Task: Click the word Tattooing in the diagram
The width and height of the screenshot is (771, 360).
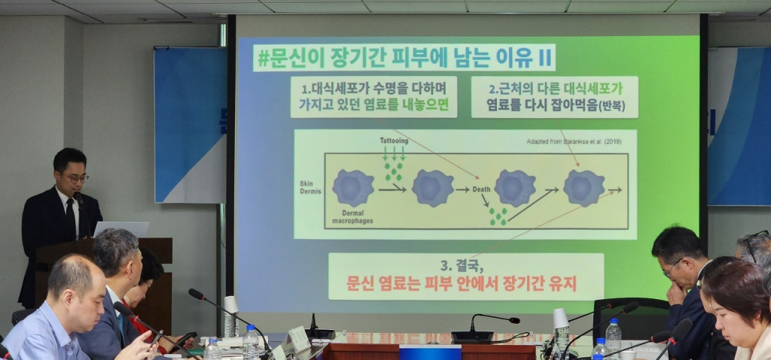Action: (x=394, y=141)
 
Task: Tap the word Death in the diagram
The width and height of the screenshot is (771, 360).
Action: (x=482, y=189)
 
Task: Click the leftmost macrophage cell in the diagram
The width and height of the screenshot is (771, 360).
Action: (x=353, y=188)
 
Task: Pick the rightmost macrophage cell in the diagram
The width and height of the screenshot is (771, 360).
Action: (x=584, y=188)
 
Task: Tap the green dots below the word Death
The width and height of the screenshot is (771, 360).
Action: (x=497, y=217)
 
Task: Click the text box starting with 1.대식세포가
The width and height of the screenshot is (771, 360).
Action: (x=373, y=96)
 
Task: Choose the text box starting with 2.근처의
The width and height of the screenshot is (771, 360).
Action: (x=554, y=96)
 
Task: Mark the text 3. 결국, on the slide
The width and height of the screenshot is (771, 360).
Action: (x=466, y=265)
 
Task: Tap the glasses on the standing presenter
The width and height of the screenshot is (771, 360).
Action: (x=75, y=178)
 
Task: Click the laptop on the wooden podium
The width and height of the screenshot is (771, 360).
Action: (x=120, y=229)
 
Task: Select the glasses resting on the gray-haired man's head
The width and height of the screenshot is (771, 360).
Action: (x=752, y=246)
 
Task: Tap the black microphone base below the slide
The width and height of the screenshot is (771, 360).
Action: (x=473, y=337)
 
